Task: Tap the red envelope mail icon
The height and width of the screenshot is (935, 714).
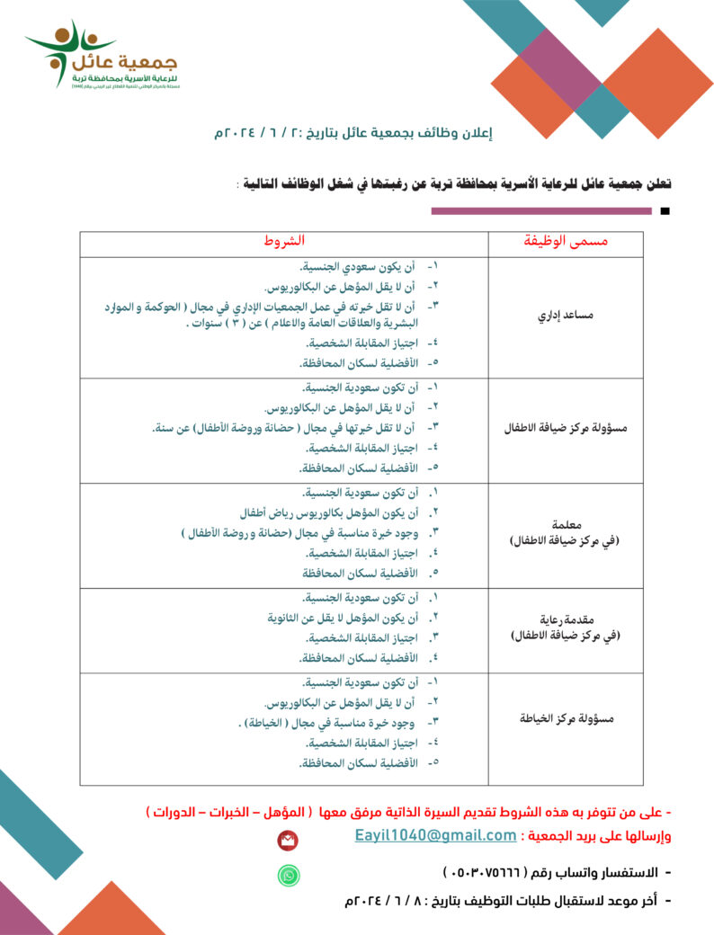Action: click(288, 840)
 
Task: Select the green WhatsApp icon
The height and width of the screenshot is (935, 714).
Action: click(289, 874)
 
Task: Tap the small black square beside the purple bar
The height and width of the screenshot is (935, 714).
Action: click(665, 212)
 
